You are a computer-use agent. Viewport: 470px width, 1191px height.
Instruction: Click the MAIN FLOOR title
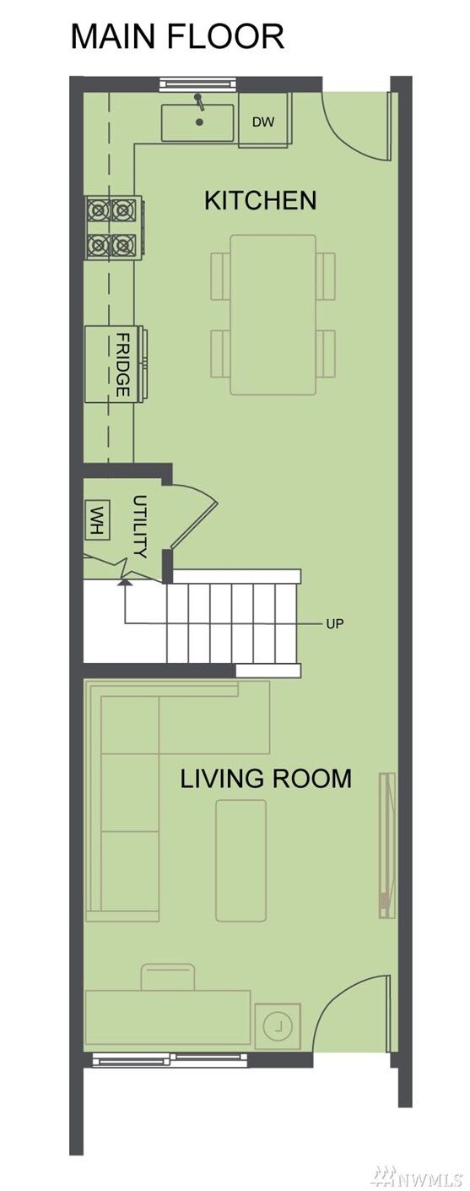tap(177, 36)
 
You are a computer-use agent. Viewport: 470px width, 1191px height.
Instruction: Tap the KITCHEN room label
tap(260, 200)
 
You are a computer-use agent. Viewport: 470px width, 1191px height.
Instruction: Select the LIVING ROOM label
tap(266, 779)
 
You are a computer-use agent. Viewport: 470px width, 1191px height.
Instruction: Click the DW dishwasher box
tap(264, 120)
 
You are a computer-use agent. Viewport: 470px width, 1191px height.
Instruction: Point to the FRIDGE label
tap(122, 365)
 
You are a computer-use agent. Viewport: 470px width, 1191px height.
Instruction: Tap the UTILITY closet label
tap(140, 526)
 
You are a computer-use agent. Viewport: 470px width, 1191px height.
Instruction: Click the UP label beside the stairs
tap(335, 623)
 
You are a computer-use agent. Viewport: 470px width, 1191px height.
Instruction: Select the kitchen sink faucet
tap(199, 101)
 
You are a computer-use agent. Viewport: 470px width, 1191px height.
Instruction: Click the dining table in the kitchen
tap(273, 315)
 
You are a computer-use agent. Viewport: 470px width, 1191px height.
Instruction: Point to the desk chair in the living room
tap(168, 976)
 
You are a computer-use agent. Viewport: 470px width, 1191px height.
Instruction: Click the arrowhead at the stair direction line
tap(125, 583)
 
